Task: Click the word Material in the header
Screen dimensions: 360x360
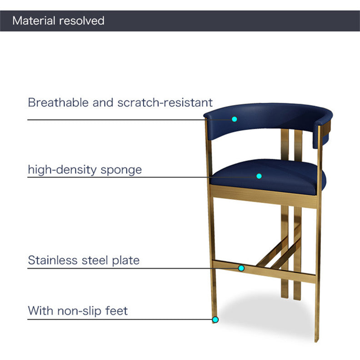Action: click(x=34, y=21)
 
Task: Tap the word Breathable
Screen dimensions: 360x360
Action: click(x=58, y=102)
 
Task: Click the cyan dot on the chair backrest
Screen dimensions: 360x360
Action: click(x=235, y=119)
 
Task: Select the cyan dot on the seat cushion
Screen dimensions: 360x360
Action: click(x=259, y=176)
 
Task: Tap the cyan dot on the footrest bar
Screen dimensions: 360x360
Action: click(x=241, y=268)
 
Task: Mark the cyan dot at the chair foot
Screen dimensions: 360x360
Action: click(x=215, y=320)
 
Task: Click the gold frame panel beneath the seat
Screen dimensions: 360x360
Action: click(x=264, y=195)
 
